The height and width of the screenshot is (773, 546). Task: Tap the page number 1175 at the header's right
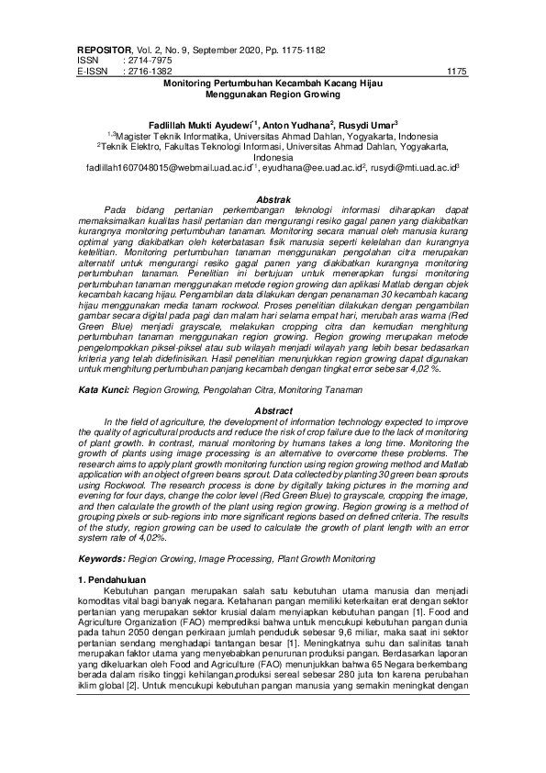[x=457, y=70]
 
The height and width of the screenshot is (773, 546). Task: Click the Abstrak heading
[x=273, y=199]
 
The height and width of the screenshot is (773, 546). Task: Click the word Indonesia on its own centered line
[x=273, y=157]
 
